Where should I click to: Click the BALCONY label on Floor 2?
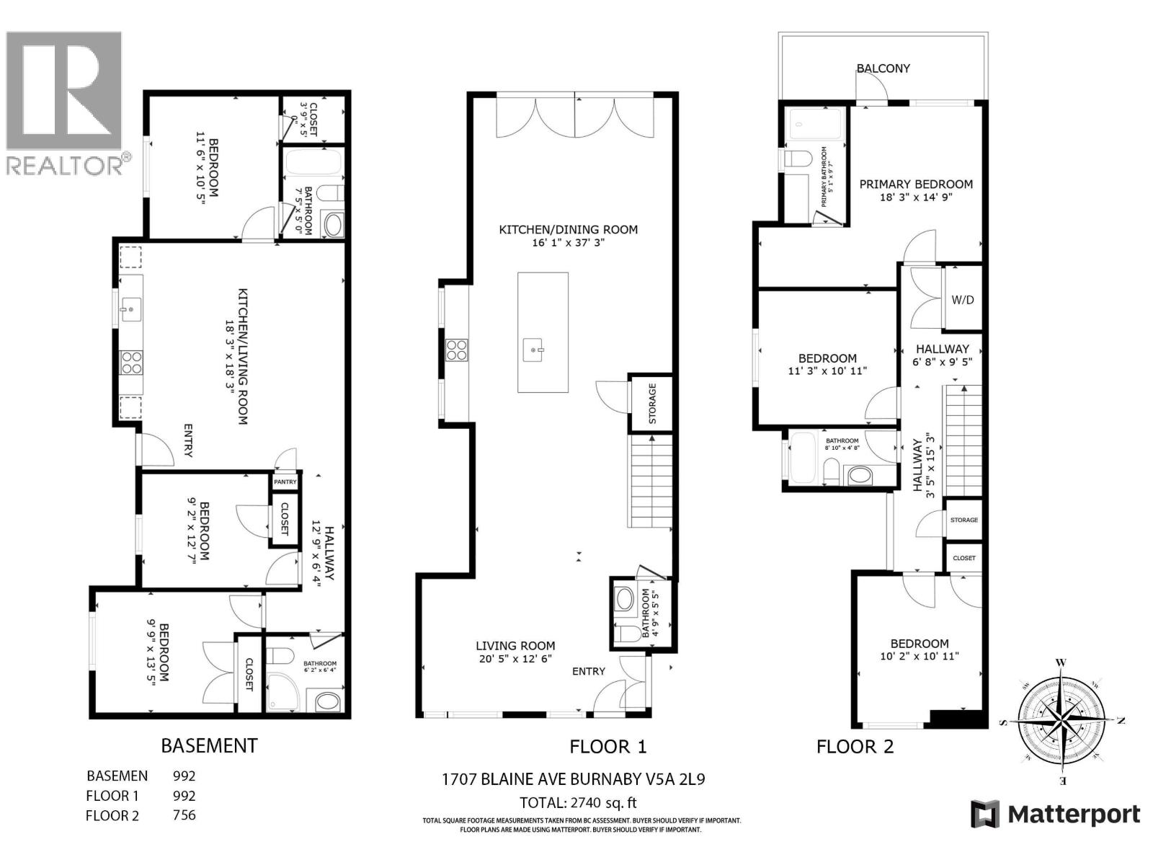[x=883, y=68]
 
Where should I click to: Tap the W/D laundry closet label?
[x=963, y=299]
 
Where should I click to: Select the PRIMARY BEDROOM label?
[x=916, y=185]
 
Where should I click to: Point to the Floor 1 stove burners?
[x=457, y=350]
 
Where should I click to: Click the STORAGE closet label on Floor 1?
[x=652, y=403]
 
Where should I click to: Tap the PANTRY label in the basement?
[x=285, y=482]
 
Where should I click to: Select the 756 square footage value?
[x=184, y=815]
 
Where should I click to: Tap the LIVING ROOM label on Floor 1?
[x=515, y=646]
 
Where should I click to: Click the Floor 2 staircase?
[x=962, y=440]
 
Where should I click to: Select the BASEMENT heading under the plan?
[x=209, y=745]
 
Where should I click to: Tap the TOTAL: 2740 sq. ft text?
[x=579, y=802]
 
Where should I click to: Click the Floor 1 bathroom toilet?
[x=624, y=633]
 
